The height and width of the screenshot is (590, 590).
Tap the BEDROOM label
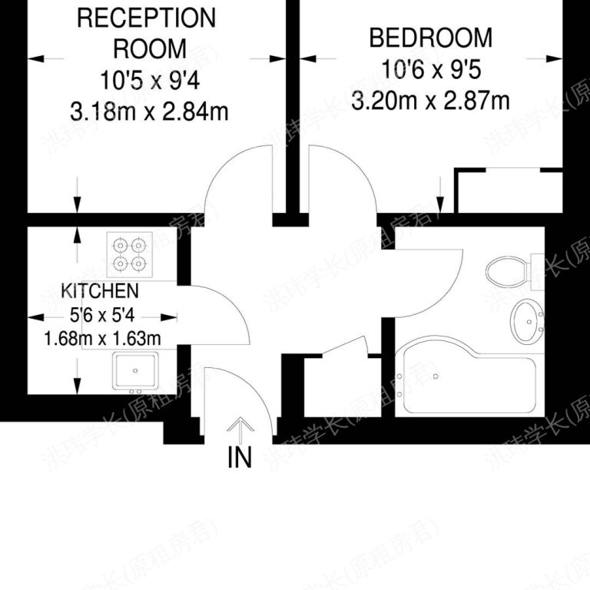430,37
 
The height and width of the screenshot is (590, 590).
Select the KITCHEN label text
100,291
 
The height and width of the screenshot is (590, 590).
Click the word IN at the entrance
240,458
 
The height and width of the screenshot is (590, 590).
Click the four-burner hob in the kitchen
129,254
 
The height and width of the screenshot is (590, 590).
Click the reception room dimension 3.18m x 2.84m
150,112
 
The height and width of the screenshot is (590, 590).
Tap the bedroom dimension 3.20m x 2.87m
430,100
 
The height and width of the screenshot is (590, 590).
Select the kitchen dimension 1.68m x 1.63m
101,337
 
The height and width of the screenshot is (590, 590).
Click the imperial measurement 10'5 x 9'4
150,79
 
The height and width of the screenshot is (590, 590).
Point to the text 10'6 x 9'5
430,68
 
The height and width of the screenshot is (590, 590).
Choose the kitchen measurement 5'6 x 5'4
100,314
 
